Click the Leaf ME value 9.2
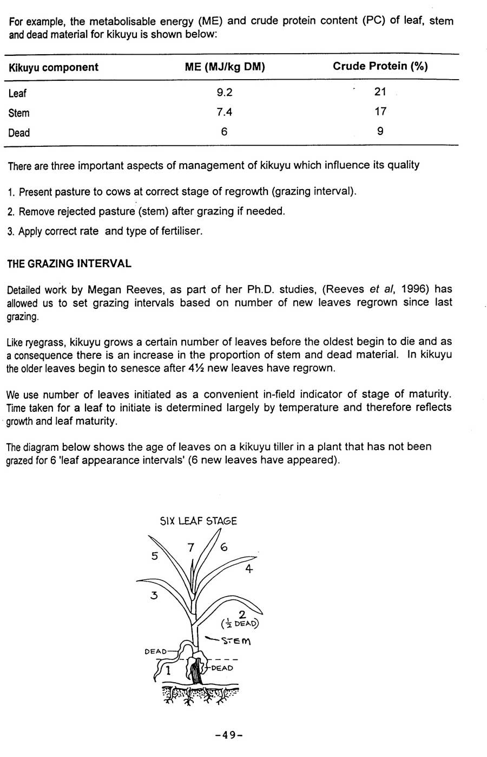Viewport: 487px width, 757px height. (225, 93)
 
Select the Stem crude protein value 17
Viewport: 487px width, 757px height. (380, 112)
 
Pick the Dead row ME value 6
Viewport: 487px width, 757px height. (225, 132)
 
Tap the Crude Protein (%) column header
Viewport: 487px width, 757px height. (380, 66)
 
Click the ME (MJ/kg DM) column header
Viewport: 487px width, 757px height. (225, 67)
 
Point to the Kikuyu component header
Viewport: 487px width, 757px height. (53, 68)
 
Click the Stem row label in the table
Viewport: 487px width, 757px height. (19, 113)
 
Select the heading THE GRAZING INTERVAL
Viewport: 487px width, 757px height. (69, 264)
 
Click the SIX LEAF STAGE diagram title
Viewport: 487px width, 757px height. (198, 521)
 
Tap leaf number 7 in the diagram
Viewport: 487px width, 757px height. (190, 548)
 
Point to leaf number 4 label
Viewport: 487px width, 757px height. (249, 569)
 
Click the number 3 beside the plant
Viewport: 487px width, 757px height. (154, 596)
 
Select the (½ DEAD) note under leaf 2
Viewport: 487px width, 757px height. (240, 623)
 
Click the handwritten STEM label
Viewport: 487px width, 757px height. (236, 641)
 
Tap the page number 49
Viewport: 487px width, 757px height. (228, 735)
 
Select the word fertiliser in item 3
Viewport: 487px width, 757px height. (179, 231)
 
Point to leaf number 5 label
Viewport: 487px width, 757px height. (154, 557)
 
